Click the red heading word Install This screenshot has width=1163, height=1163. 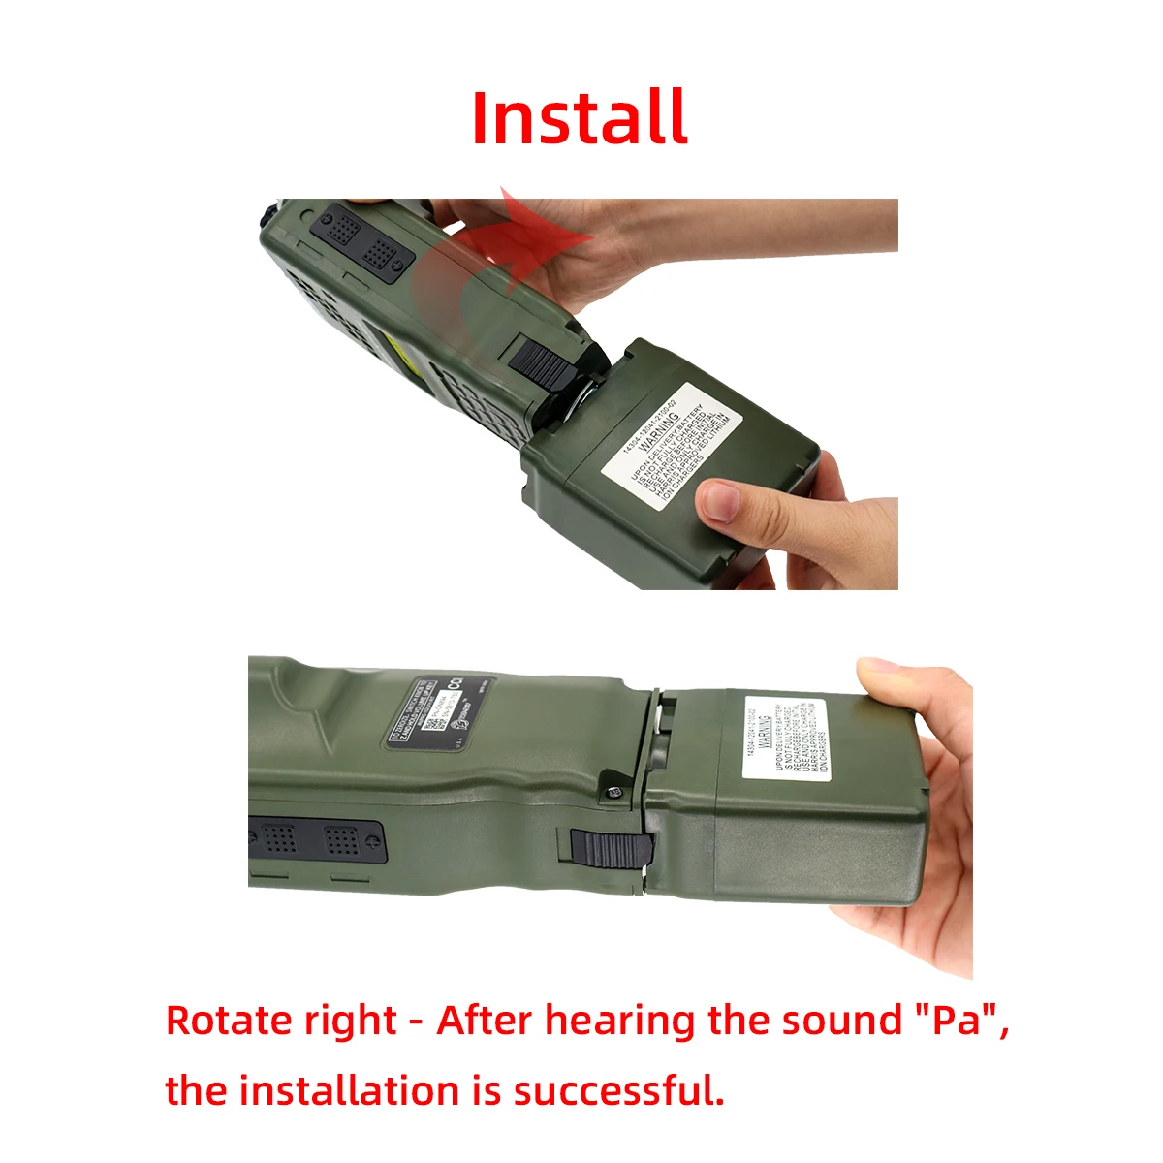pyautogui.click(x=580, y=118)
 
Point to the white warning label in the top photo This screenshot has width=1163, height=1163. pyautogui.click(x=673, y=443)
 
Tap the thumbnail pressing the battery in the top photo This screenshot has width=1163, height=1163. pyautogui.click(x=719, y=502)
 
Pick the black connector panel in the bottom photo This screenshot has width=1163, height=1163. pyautogui.click(x=316, y=839)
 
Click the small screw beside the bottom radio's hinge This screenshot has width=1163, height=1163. pyautogui.click(x=612, y=792)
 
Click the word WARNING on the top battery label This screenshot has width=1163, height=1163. pyautogui.click(x=662, y=425)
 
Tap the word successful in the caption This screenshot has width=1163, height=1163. pyautogui.click(x=618, y=1090)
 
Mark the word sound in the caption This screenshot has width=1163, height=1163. pyautogui.click(x=840, y=1021)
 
